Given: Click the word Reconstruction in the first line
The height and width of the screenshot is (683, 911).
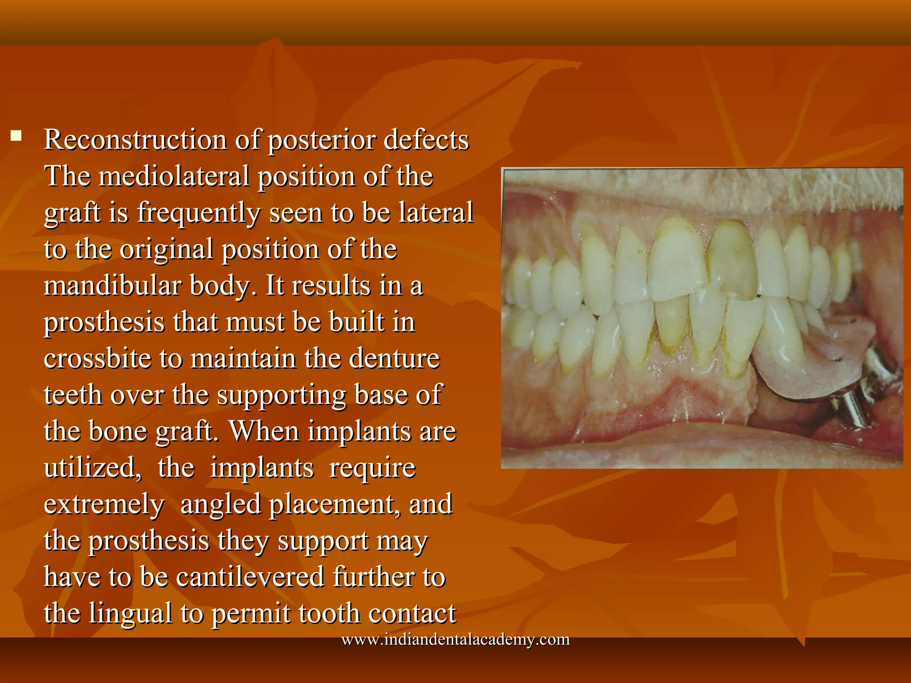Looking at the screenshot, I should (136, 140).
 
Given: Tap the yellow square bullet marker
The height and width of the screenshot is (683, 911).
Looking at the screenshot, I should (16, 136).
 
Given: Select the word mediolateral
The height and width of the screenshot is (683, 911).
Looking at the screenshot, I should (174, 177).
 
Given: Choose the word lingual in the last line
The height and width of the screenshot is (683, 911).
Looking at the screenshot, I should (130, 614).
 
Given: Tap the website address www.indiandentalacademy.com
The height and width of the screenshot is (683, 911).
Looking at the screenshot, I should (455, 639).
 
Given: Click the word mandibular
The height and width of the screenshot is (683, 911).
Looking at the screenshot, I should (113, 285).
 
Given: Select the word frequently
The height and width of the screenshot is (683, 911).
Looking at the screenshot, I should (198, 213).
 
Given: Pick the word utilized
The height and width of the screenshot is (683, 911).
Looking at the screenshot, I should (92, 468).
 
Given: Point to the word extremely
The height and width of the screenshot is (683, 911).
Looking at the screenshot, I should (104, 505).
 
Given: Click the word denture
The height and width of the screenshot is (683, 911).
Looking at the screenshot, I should (394, 358).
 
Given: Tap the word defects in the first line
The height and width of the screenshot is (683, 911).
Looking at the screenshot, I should (426, 140).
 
